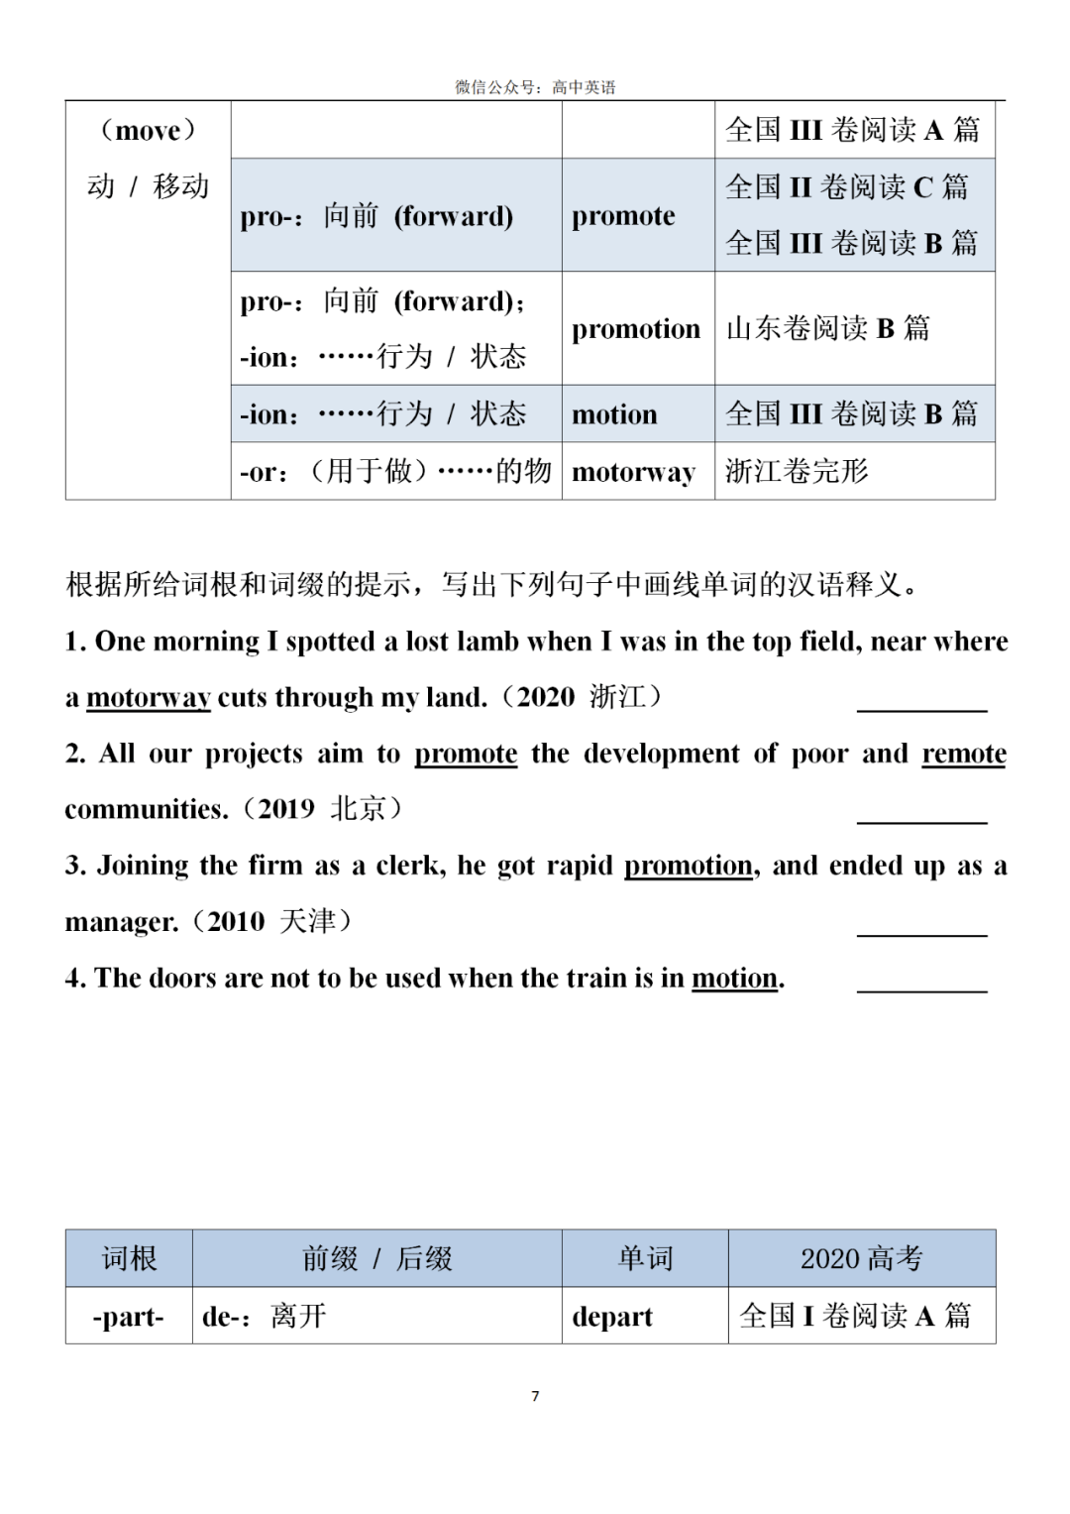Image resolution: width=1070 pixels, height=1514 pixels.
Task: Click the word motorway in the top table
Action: tap(633, 472)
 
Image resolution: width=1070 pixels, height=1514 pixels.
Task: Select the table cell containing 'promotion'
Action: tap(635, 329)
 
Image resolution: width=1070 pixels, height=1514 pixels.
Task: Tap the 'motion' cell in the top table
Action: tap(614, 414)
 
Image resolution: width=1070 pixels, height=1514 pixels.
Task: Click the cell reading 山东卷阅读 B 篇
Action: tap(828, 328)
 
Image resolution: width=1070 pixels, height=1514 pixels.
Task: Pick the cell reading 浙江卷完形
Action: tap(797, 471)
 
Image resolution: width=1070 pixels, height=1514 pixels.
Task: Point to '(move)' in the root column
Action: tap(148, 131)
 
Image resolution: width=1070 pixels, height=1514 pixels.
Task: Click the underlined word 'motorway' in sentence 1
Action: tap(149, 698)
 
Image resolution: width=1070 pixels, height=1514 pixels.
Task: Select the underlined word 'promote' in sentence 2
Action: tap(466, 755)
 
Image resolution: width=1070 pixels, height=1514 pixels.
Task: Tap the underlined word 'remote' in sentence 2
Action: tap(963, 755)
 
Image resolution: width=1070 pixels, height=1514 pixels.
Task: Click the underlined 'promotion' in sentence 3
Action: tap(689, 867)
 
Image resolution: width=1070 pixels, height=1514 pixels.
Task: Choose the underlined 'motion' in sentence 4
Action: tap(734, 979)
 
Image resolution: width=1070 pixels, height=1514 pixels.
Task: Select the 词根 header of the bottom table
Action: tap(129, 1259)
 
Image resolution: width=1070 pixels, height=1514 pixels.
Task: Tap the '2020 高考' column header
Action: tap(861, 1259)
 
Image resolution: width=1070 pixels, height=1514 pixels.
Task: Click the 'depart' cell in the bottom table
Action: tap(612, 1317)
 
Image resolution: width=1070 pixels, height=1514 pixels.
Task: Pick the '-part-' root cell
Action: tap(128, 1317)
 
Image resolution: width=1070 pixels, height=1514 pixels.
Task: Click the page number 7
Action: tap(535, 1396)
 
